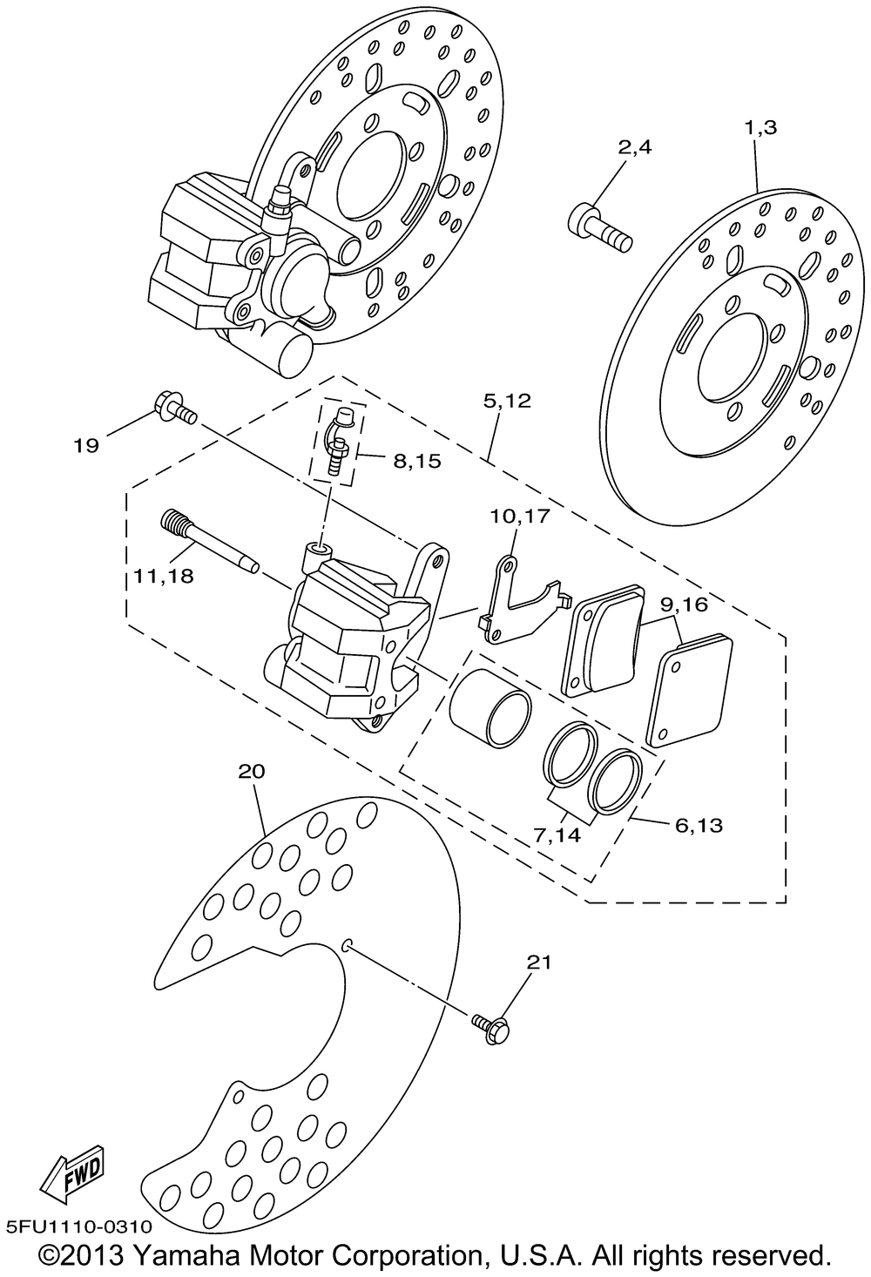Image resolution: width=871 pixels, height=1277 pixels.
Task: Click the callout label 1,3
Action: coord(760,128)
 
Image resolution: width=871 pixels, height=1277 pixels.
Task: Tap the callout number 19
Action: coord(86,446)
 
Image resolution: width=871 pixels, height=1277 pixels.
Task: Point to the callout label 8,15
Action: coord(416,461)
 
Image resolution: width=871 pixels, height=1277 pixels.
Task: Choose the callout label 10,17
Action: coord(520,517)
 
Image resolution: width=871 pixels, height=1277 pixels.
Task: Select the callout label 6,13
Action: coord(699,824)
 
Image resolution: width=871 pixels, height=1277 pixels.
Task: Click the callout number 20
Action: coord(251,772)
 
